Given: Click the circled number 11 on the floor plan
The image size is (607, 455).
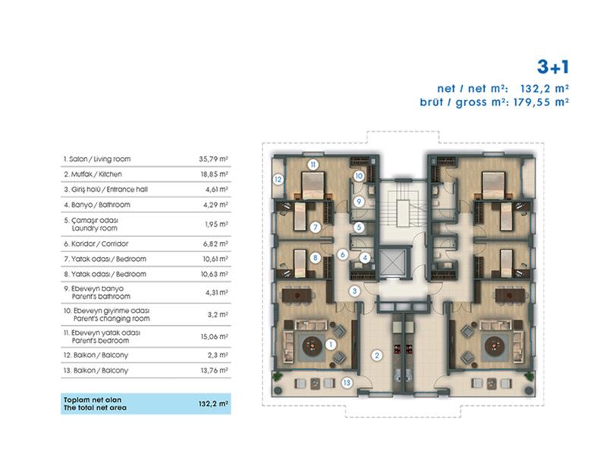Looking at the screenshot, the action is [x=313, y=165].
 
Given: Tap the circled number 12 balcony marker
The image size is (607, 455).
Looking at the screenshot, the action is [x=278, y=180].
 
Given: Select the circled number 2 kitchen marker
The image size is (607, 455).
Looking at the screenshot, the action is [x=376, y=355].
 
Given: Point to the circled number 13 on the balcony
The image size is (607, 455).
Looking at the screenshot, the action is [x=347, y=383].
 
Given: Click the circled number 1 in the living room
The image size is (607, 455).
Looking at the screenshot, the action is [x=330, y=344].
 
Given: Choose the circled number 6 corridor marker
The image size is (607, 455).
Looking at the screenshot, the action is [x=343, y=255].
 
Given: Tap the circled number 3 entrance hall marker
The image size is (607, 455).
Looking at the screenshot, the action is [x=354, y=291].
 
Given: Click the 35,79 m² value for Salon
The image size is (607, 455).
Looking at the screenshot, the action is [x=213, y=159].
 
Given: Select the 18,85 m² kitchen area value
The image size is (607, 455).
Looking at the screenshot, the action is [x=214, y=174].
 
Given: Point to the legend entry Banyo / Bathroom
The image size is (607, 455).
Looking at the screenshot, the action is [x=97, y=205].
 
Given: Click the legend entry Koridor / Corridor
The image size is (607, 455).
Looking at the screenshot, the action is [x=96, y=243].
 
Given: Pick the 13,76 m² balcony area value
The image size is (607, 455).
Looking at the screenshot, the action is [x=214, y=370].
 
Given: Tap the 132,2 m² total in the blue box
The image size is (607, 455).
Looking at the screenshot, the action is [x=213, y=403].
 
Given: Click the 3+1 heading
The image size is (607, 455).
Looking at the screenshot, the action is [x=553, y=67].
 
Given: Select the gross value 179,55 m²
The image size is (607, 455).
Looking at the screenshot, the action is [x=541, y=102].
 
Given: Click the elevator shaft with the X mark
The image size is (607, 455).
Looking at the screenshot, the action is [x=392, y=263].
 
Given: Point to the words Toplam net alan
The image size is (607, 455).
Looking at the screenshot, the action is [x=93, y=400].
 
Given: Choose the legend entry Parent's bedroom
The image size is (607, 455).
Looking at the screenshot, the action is [x=100, y=340].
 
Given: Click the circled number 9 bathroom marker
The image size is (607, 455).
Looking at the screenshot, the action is [x=359, y=201].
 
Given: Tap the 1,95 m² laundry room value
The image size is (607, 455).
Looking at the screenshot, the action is [x=216, y=224].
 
